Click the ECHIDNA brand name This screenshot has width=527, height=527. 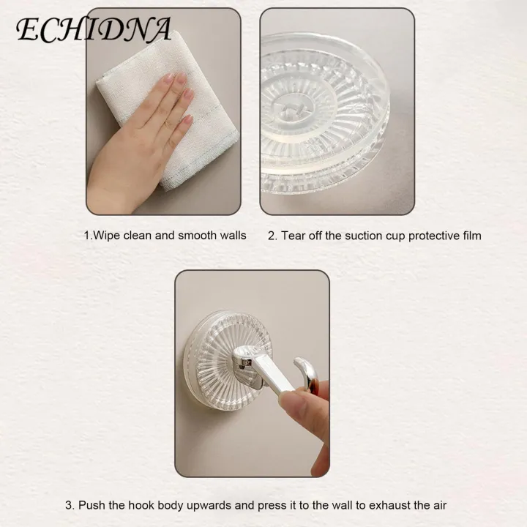click(94, 30)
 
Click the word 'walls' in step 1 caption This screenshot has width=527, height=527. click(231, 236)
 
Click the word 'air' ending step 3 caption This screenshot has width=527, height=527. click(438, 505)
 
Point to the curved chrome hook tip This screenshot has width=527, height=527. click(304, 370)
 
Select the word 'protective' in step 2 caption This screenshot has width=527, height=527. click(431, 236)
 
